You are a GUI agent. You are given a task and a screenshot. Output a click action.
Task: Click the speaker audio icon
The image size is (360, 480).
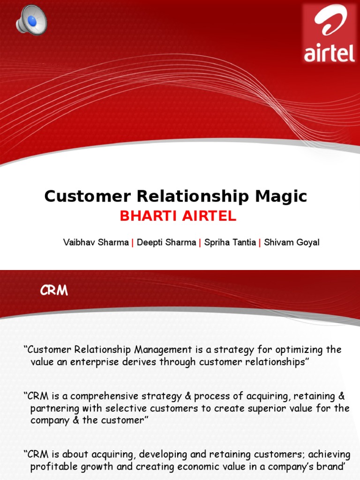coord(30,19)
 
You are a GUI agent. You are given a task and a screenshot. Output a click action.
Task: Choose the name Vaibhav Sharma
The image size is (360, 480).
coord(96,243)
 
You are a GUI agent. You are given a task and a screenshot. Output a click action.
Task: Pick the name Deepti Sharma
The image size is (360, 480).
coord(166,243)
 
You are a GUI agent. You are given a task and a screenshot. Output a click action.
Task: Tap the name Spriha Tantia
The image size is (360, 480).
coord(230,243)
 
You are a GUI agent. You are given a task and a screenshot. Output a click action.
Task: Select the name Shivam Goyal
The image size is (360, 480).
coord(292,243)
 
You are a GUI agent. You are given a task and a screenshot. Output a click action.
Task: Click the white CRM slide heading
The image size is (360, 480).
coord(54,291)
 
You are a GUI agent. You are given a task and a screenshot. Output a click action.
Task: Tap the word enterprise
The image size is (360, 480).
coord(92,362)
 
